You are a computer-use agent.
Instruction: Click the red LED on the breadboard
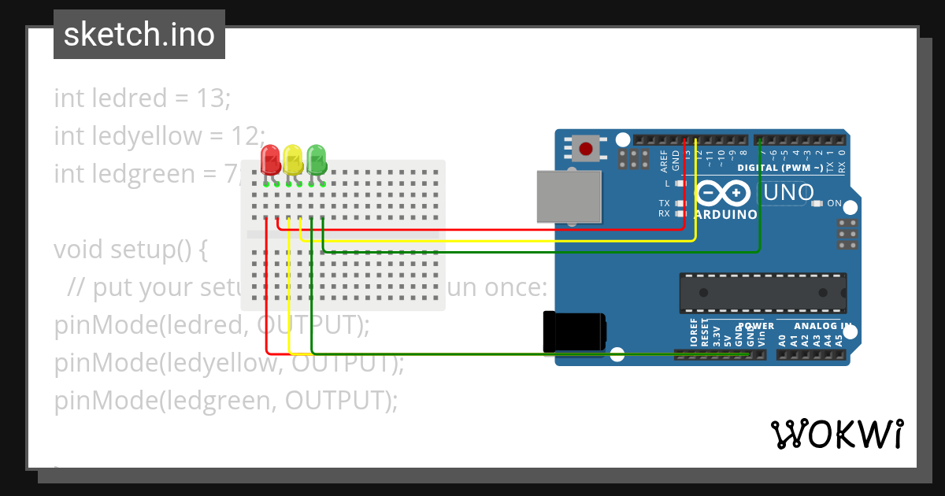270,159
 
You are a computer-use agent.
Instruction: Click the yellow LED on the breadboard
293,159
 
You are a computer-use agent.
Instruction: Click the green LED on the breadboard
317,159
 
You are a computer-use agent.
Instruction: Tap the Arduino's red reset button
586,148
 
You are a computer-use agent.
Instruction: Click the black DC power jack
574,331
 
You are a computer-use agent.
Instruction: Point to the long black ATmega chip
763,293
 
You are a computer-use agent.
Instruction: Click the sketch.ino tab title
139,35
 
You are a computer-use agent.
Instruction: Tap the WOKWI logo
837,434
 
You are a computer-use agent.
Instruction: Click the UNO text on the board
790,193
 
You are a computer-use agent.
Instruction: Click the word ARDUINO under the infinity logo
726,214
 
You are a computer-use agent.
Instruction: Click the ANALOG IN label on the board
823,326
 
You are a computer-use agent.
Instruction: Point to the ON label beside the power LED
835,204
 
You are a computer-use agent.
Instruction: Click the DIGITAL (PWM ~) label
780,168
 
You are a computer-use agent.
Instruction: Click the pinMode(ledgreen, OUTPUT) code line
226,401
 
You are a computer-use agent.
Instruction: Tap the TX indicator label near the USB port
664,203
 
